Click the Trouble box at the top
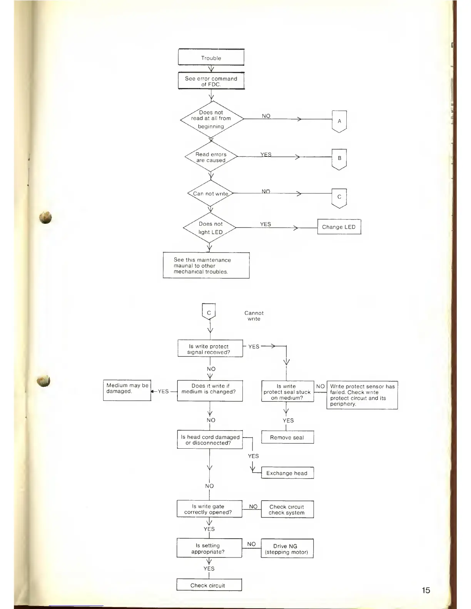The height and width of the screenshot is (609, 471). (x=211, y=58)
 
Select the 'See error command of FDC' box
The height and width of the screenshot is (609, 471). (x=211, y=81)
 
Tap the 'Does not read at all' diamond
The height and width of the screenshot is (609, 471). (x=211, y=119)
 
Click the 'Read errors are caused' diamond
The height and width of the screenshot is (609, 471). (x=211, y=157)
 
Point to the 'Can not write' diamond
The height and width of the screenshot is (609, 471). (x=210, y=193)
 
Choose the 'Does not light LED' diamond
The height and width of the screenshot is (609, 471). (x=210, y=228)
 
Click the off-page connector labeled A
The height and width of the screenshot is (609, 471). (x=339, y=121)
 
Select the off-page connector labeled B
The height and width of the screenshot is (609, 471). (x=339, y=158)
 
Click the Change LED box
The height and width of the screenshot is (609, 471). (x=339, y=227)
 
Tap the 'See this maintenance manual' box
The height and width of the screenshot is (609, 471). (x=206, y=265)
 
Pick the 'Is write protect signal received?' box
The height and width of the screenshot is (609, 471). (x=210, y=349)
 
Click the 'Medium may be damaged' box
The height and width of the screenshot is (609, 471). (x=127, y=390)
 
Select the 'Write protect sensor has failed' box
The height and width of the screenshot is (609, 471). (x=362, y=395)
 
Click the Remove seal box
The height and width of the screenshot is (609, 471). (x=287, y=437)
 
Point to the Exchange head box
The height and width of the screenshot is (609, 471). (x=287, y=473)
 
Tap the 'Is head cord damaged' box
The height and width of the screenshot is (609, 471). (x=210, y=439)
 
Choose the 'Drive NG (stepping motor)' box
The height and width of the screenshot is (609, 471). (x=287, y=549)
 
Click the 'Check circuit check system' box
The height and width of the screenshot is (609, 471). (x=287, y=509)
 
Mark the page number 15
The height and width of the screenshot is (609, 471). (x=426, y=590)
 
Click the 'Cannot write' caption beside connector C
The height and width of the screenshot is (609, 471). (x=254, y=316)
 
